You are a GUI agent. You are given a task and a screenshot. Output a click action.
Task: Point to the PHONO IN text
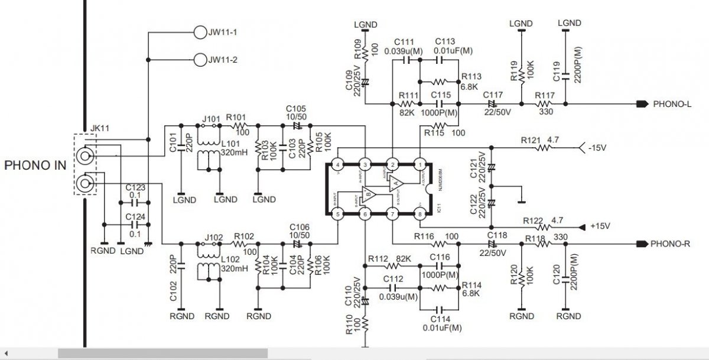[x=35, y=166]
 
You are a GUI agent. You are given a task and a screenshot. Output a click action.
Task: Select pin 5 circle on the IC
[x=338, y=214]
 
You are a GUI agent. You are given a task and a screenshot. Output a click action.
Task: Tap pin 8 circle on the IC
[x=420, y=214]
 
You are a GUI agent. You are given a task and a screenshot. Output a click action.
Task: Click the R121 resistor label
[x=531, y=140]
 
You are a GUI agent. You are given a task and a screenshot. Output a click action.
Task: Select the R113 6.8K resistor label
[x=471, y=80]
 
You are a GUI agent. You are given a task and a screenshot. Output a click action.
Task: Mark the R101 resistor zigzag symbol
[x=239, y=126]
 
